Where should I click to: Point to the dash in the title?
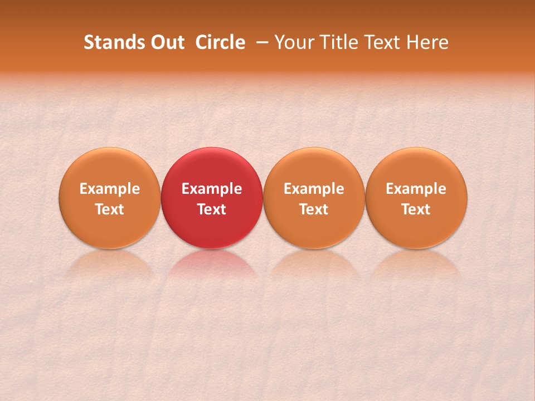[x=261, y=42]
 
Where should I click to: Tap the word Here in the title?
[x=427, y=42]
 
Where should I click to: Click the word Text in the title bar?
[x=380, y=42]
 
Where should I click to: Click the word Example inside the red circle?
[x=212, y=189]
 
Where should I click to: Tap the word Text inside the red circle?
[x=212, y=209]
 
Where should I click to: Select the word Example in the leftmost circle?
[x=110, y=189]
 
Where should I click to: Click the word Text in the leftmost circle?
[x=110, y=209]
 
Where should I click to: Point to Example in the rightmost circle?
[x=416, y=189]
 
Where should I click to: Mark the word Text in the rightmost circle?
[x=416, y=209]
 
